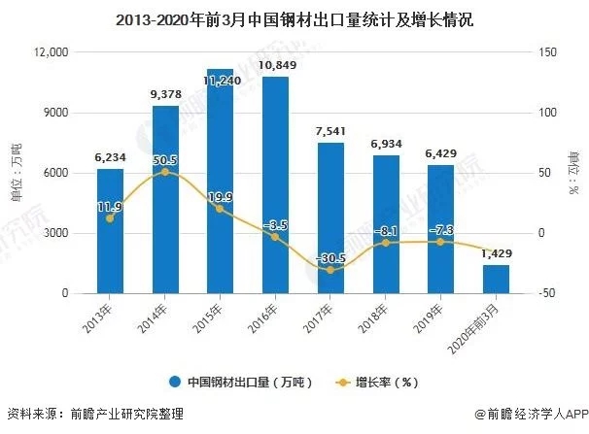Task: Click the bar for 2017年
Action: (331, 217)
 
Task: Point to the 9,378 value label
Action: (165, 94)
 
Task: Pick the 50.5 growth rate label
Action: (165, 160)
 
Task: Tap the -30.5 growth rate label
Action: (331, 257)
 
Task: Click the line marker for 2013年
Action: (110, 218)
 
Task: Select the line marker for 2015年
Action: (221, 209)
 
